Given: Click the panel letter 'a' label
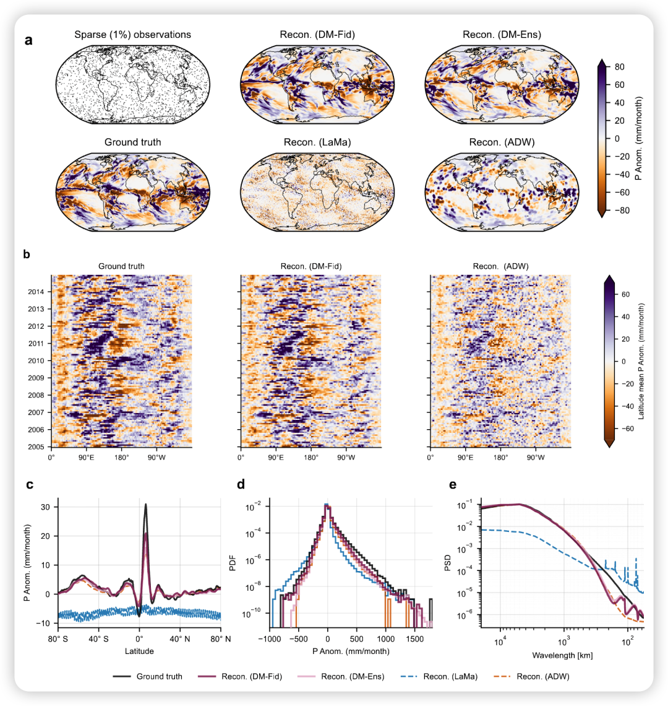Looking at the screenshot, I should (x=28, y=41).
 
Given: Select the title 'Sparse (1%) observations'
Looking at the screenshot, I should (x=132, y=35).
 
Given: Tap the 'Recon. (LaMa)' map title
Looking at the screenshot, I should (x=316, y=142).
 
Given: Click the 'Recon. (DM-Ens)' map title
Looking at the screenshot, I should (x=502, y=35).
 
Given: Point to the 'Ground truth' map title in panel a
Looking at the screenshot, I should (x=132, y=142).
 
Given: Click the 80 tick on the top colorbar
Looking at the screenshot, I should (x=620, y=66).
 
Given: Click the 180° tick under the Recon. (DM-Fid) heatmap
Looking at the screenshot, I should (x=311, y=458).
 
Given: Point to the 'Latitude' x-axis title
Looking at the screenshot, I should (x=139, y=651).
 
